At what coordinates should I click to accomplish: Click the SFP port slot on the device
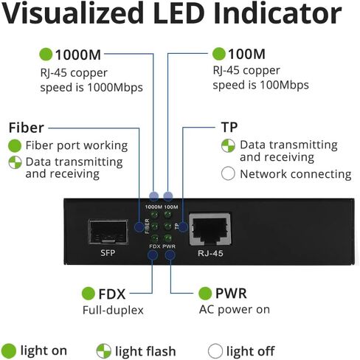108,232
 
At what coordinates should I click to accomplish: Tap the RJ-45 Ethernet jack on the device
210,229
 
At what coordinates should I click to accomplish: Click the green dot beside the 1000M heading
46,54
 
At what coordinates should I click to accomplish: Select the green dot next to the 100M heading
219,54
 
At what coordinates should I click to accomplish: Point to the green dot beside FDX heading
89,294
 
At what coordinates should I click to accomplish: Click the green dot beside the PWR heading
205,293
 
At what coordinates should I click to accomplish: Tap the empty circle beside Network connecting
228,173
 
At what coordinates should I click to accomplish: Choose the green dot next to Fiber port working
15,145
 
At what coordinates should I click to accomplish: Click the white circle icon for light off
215,351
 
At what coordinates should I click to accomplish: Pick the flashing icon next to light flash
104,351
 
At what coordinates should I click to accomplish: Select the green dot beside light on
9,351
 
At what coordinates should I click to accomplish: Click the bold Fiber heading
27,128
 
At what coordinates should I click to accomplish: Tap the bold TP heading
229,127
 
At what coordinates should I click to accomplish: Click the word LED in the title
179,13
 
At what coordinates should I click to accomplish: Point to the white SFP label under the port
108,252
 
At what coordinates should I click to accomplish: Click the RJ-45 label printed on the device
210,253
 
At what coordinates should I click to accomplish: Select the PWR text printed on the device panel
169,246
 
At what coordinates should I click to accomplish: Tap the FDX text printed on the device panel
155,246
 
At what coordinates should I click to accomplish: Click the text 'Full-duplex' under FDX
113,310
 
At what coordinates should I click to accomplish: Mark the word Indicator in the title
277,13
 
